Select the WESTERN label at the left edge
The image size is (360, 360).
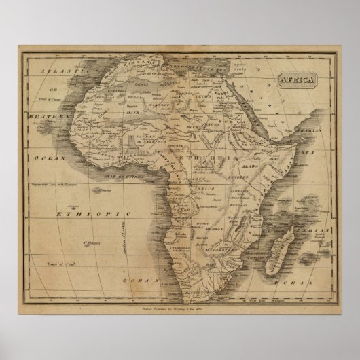pyautogui.click(x=49, y=116)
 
